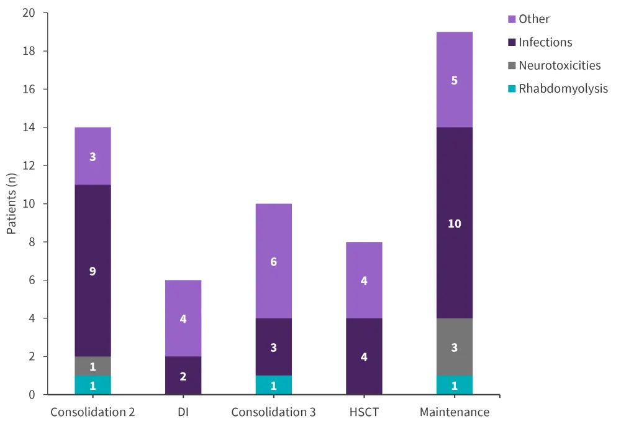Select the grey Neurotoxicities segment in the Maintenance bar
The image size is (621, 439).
tap(454, 347)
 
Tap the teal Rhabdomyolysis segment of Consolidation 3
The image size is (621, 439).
tap(273, 385)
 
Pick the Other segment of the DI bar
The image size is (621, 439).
tap(183, 318)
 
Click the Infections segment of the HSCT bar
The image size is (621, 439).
tap(364, 356)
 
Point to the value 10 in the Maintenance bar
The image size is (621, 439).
tap(455, 223)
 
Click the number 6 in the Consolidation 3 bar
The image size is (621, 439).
tap(273, 262)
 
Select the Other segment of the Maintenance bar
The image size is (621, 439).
tap(454, 80)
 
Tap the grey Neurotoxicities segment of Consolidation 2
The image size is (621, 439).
tap(93, 366)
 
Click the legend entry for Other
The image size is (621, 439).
tap(534, 19)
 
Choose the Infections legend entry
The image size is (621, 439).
tap(545, 42)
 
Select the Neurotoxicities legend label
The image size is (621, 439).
tap(559, 65)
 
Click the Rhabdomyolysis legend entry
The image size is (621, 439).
tap(563, 88)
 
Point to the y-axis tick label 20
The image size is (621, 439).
tap(29, 13)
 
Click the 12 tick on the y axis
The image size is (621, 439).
tap(29, 166)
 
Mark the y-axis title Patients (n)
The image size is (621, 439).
tap(12, 204)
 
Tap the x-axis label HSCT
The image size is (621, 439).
tap(364, 412)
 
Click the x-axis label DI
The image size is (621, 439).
tap(183, 412)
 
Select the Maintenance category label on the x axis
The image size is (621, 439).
tap(455, 412)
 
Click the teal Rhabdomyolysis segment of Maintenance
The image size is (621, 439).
tap(454, 385)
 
